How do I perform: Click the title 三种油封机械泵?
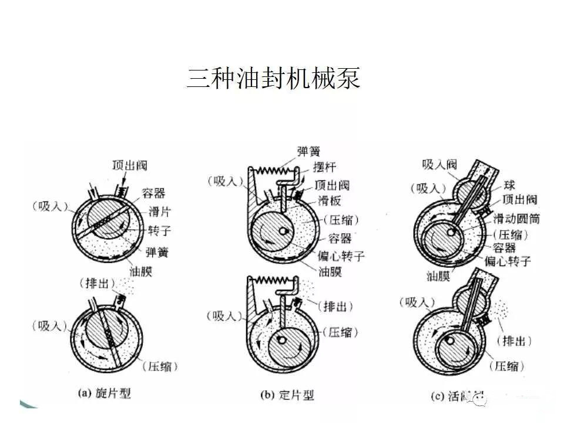tap(274, 78)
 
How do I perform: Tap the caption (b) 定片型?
tap(288, 394)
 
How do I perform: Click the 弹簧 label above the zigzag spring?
tap(308, 152)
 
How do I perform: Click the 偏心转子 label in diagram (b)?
tap(341, 257)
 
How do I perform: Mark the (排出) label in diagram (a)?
tap(97, 284)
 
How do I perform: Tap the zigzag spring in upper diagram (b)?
tap(273, 170)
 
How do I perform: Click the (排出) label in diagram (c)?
tap(514, 341)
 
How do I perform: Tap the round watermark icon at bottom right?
tap(480, 401)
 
